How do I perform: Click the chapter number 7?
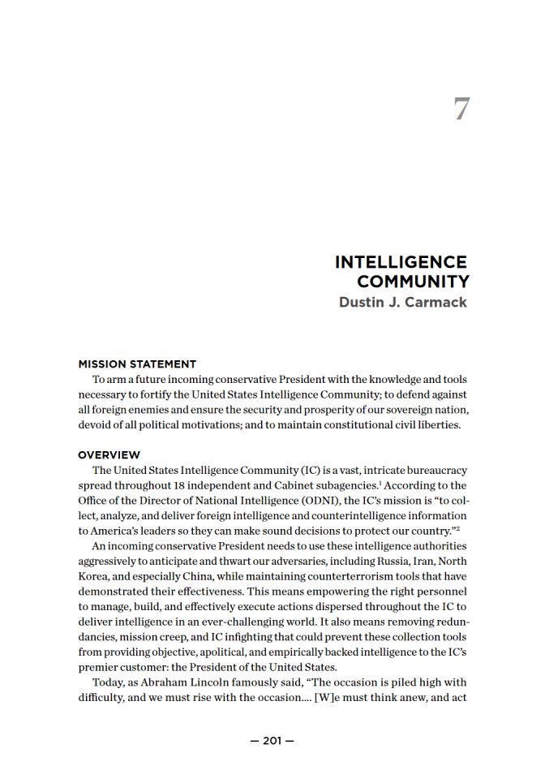461,110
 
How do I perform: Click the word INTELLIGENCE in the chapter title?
401,263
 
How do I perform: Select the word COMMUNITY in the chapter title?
413,282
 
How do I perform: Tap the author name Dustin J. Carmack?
403,303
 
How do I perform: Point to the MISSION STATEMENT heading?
137,364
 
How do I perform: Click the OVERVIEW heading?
109,455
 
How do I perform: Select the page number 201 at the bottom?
272,741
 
